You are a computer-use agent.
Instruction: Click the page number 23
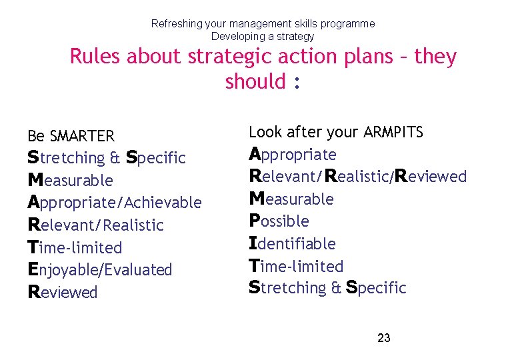[x=383, y=338]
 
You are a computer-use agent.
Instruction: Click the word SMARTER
[x=82, y=137]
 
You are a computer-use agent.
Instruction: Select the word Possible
[x=279, y=221]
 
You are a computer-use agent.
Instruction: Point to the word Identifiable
[x=292, y=244]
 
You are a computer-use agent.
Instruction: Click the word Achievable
[x=162, y=203]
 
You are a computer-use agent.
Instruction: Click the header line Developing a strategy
[x=262, y=36]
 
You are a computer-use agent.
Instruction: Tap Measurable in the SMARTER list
[x=71, y=181]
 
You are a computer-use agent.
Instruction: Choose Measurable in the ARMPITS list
[x=291, y=199]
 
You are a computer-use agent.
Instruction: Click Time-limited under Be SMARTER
[x=75, y=248]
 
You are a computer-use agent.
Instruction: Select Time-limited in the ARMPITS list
[x=296, y=266]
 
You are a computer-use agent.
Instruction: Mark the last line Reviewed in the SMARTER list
[x=63, y=293]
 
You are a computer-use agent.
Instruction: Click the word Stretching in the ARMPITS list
[x=288, y=288]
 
